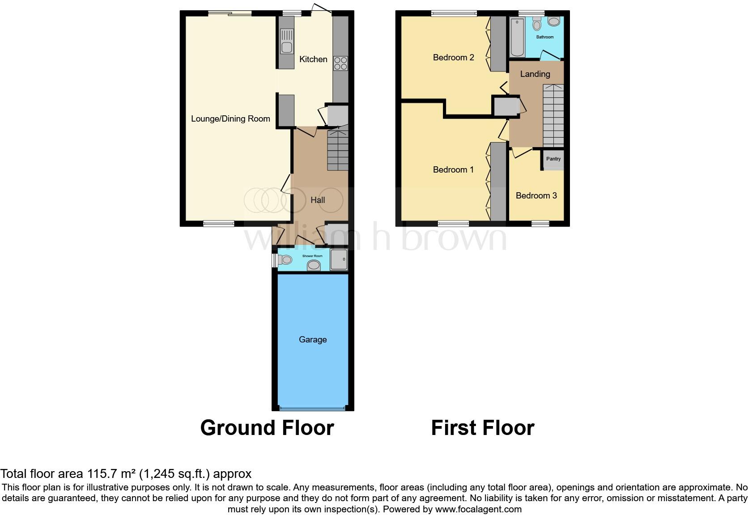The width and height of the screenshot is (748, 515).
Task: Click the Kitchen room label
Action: pyautogui.click(x=313, y=59)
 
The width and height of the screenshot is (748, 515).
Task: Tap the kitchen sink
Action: pyautogui.click(x=286, y=41)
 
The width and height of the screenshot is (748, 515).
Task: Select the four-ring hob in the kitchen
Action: pyautogui.click(x=340, y=63)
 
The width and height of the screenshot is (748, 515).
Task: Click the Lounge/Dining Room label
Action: pyautogui.click(x=230, y=118)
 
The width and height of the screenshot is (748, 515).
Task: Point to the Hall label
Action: pyautogui.click(x=318, y=200)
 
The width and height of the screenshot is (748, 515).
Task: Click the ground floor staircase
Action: pyautogui.click(x=338, y=150)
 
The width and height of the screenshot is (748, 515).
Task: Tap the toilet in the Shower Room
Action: pyautogui.click(x=285, y=259)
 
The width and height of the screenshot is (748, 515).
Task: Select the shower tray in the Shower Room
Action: pyautogui.click(x=339, y=260)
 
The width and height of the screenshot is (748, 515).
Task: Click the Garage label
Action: pyautogui.click(x=313, y=339)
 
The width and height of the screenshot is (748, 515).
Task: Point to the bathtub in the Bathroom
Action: pyautogui.click(x=517, y=37)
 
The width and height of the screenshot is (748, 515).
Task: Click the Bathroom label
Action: pyautogui.click(x=545, y=37)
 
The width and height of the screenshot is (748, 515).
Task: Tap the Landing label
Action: pyautogui.click(x=535, y=74)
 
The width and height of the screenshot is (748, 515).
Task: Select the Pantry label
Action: pyautogui.click(x=553, y=159)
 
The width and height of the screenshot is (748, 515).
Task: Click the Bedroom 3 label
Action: pyautogui.click(x=536, y=195)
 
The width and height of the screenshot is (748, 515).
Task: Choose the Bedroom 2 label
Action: pyautogui.click(x=453, y=57)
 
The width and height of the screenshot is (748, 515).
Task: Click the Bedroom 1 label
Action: pyautogui.click(x=453, y=169)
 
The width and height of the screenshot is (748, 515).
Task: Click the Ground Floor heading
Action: pyautogui.click(x=267, y=427)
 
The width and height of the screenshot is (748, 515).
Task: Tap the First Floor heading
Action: pyautogui.click(x=482, y=427)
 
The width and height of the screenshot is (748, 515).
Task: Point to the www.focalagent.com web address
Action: pyautogui.click(x=478, y=509)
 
